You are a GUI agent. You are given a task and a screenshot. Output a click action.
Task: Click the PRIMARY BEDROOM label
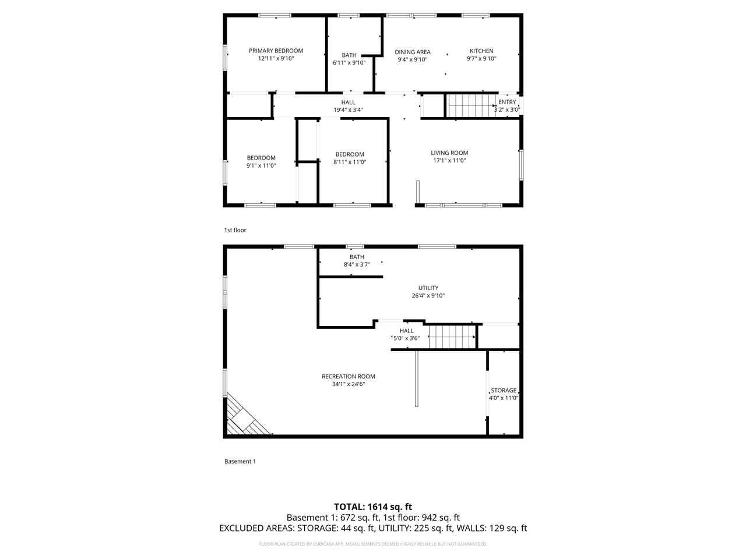tap(276, 51)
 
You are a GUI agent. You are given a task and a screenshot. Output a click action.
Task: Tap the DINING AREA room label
tap(413, 52)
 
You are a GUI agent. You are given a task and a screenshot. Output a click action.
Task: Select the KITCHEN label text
tap(481, 51)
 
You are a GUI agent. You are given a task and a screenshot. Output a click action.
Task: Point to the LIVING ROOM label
tap(449, 153)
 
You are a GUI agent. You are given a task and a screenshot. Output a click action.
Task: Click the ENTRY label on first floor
tap(507, 102)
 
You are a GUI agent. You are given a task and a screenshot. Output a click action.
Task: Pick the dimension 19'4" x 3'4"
tap(348, 109)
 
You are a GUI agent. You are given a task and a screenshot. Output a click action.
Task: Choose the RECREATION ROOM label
tap(349, 376)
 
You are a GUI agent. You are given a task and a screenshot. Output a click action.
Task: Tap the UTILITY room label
tap(428, 288)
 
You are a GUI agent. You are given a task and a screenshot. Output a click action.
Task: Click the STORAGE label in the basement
tap(504, 391)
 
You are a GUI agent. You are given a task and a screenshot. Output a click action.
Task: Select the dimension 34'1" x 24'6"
tap(349, 384)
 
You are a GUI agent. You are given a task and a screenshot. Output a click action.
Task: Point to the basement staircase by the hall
tap(452, 337)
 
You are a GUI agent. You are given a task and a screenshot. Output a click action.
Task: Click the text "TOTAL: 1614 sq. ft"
tap(373, 507)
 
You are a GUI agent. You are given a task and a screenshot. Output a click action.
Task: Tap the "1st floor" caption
tap(235, 230)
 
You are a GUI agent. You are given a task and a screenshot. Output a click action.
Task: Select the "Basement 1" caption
tap(240, 461)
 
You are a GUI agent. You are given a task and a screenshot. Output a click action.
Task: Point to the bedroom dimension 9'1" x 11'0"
tap(261, 165)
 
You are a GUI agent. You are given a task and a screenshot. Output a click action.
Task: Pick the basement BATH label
tap(357, 257)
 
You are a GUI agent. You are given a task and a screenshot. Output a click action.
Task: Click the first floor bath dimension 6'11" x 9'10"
tap(349, 63)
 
